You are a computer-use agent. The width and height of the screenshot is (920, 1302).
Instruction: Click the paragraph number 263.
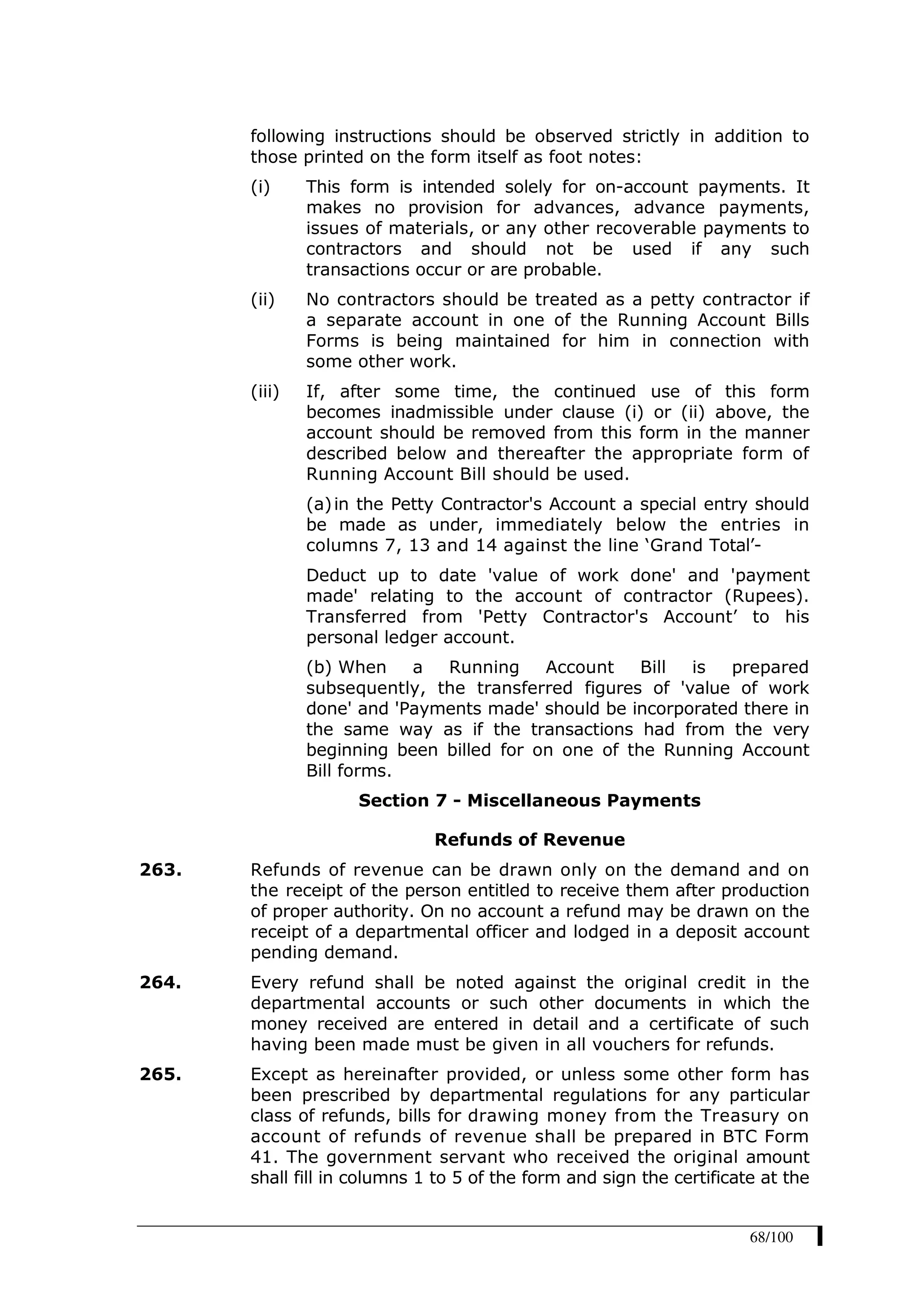coord(160,869)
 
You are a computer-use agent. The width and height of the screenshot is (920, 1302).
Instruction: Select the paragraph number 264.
coord(160,982)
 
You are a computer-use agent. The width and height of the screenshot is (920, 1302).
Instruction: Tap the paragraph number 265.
coord(160,1074)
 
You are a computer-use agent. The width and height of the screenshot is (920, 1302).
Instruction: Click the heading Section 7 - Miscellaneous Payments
coord(530,800)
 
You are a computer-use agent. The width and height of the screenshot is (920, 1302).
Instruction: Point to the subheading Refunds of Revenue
coord(530,839)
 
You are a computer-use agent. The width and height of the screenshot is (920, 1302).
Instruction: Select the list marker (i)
coord(260,186)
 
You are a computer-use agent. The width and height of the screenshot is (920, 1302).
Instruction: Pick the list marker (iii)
coord(265,391)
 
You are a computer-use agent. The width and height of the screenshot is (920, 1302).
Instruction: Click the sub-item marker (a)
coord(318,504)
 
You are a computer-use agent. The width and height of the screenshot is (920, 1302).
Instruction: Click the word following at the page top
coord(287,136)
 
